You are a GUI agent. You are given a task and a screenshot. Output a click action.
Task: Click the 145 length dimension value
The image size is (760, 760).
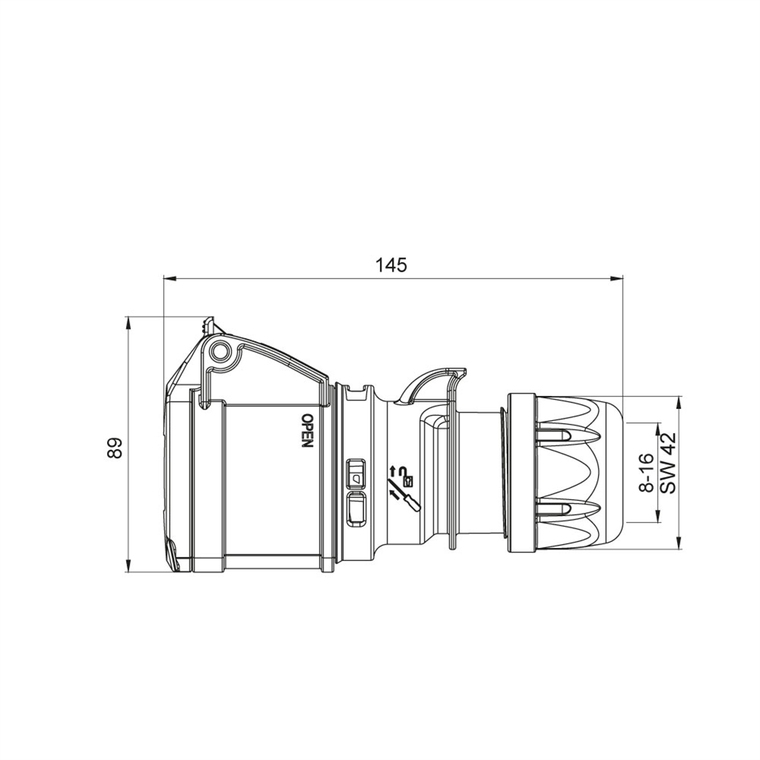[391, 265]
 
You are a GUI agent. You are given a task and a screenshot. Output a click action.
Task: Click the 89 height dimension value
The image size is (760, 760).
[115, 448]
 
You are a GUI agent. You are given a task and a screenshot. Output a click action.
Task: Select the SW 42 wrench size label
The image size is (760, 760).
[668, 464]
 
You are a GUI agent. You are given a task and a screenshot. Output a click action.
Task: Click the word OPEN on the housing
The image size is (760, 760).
[307, 430]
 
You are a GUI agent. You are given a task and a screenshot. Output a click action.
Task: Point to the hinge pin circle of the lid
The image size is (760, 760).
[219, 350]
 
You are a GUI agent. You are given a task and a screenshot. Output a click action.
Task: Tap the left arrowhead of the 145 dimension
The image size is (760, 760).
[170, 279]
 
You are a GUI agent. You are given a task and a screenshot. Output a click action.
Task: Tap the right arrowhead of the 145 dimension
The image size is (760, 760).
[616, 279]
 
